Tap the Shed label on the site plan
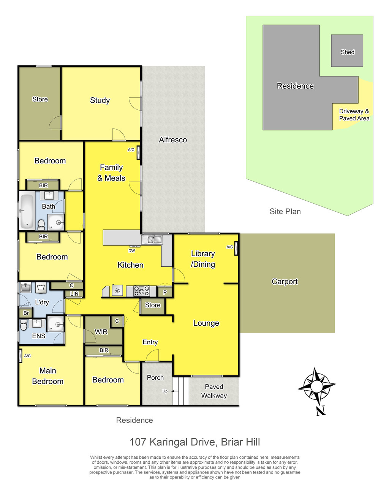(347, 52)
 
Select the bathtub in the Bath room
(27, 211)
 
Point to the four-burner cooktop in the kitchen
(142, 291)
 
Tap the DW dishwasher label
(131, 251)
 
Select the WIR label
(101, 332)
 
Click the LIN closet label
(74, 294)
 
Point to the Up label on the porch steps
(165, 391)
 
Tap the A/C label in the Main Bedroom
(27, 356)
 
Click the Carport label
(285, 282)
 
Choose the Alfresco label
(173, 139)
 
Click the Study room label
(100, 100)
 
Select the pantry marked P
(165, 292)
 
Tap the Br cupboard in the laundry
(26, 313)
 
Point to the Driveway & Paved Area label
(354, 115)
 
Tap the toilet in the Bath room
(41, 224)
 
